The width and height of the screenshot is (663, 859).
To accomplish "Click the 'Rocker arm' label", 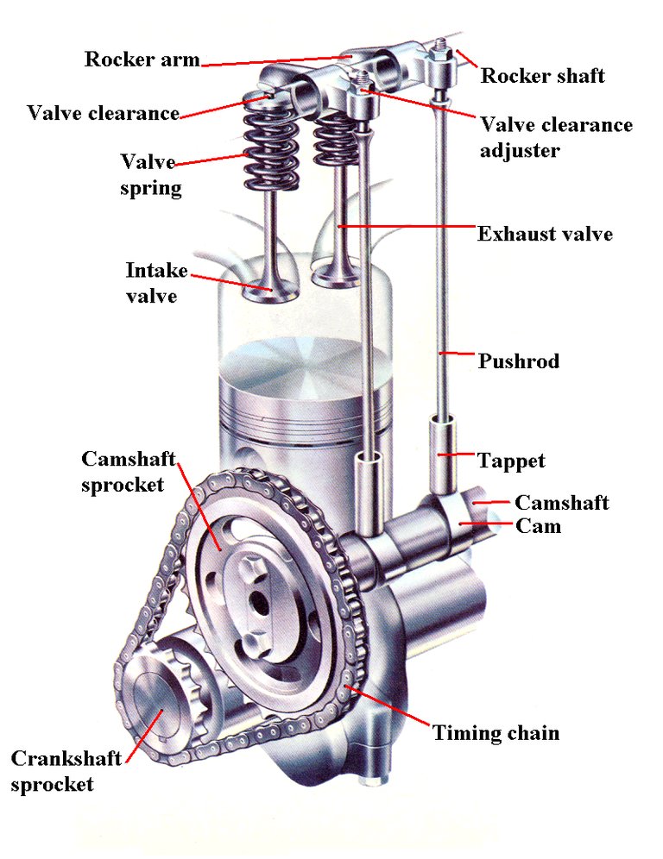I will tap(142, 60).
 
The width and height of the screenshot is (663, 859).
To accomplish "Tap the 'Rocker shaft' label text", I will tap(542, 76).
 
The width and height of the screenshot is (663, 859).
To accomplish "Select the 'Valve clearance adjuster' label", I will tap(556, 137).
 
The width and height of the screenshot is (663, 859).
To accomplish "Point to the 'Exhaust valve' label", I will tap(545, 234).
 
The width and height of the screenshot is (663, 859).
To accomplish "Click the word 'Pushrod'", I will tap(518, 361).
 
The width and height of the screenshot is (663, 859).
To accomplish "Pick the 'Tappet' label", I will tap(511, 461).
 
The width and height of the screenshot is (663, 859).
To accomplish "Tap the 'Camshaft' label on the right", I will tap(561, 503).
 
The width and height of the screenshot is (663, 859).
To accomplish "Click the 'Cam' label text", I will tap(537, 525).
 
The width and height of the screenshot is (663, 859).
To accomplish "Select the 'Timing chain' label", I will tap(496, 733).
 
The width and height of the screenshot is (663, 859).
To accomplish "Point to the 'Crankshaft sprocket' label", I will tap(64, 771).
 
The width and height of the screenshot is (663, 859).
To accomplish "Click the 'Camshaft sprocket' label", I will tap(123, 471).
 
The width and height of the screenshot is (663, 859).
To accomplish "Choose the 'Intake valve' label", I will tap(156, 283).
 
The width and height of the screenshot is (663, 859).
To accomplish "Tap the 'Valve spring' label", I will tap(151, 175).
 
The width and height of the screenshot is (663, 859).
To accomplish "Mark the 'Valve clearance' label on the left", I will tap(103, 113).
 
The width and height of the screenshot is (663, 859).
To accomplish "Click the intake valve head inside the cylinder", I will tap(270, 291).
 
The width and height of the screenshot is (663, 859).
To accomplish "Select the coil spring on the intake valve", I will tap(268, 147).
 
